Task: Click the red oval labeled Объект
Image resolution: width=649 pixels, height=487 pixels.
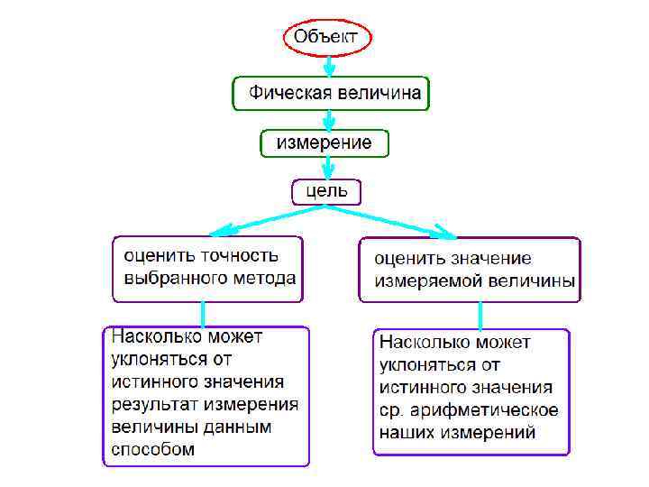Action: pyautogui.click(x=327, y=38)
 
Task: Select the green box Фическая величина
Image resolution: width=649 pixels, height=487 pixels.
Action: pyautogui.click(x=330, y=93)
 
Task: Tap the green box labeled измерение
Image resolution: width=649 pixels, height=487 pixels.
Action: pyautogui.click(x=324, y=142)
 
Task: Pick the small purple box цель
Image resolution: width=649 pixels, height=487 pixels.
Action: pyautogui.click(x=326, y=191)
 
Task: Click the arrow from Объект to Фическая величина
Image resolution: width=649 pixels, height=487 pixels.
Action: pyautogui.click(x=329, y=66)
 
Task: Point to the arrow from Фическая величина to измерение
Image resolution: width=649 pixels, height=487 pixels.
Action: pyautogui.click(x=329, y=119)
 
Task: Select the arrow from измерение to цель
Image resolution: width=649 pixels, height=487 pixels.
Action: pyautogui.click(x=329, y=167)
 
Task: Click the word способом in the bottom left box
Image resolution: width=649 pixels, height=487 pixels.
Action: pyautogui.click(x=153, y=448)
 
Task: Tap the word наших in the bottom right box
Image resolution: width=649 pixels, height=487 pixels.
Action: pyautogui.click(x=407, y=432)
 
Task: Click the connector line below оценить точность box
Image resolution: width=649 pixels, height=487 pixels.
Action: pyautogui.click(x=204, y=313)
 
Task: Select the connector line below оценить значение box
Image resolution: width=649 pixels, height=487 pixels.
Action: pyautogui.click(x=480, y=315)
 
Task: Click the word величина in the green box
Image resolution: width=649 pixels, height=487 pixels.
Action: pyautogui.click(x=378, y=93)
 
